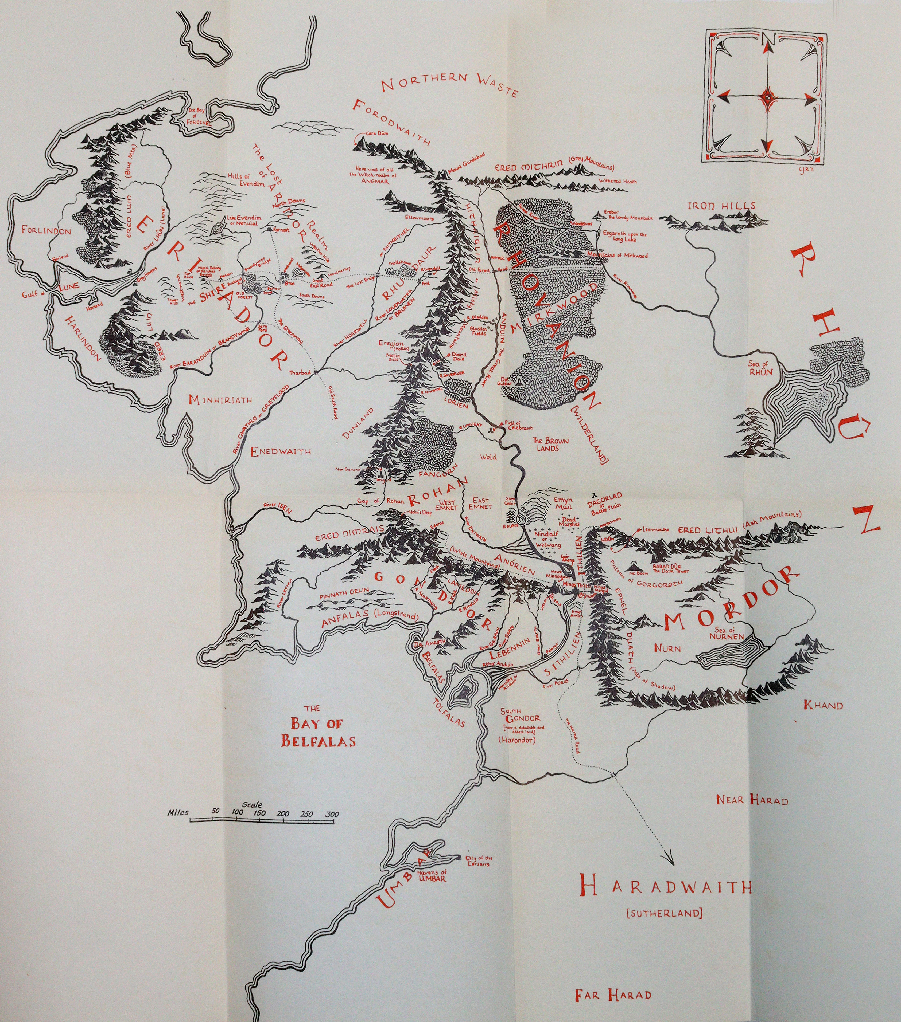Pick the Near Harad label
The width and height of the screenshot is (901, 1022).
(752, 800)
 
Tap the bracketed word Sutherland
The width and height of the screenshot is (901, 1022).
(664, 913)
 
